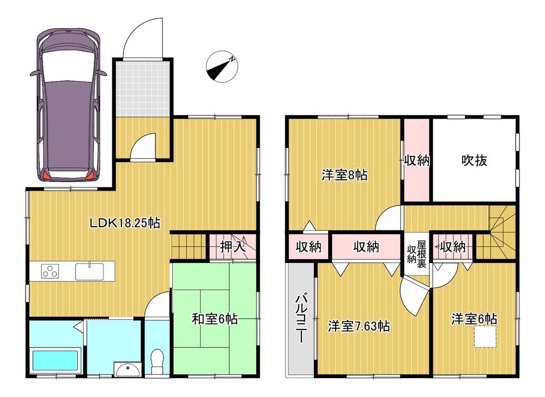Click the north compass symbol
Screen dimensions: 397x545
[x=222, y=67]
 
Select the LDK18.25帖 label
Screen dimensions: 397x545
[x=125, y=222]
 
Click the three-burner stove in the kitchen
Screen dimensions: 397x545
[x=51, y=271]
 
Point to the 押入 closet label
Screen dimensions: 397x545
[x=233, y=246]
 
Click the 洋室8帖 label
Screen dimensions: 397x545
[x=344, y=175]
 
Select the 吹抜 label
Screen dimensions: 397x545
[x=474, y=160]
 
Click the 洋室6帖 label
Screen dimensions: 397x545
[x=474, y=319]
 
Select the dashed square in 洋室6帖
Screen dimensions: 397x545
[x=485, y=338]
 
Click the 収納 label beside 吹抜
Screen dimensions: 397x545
[x=416, y=160]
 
